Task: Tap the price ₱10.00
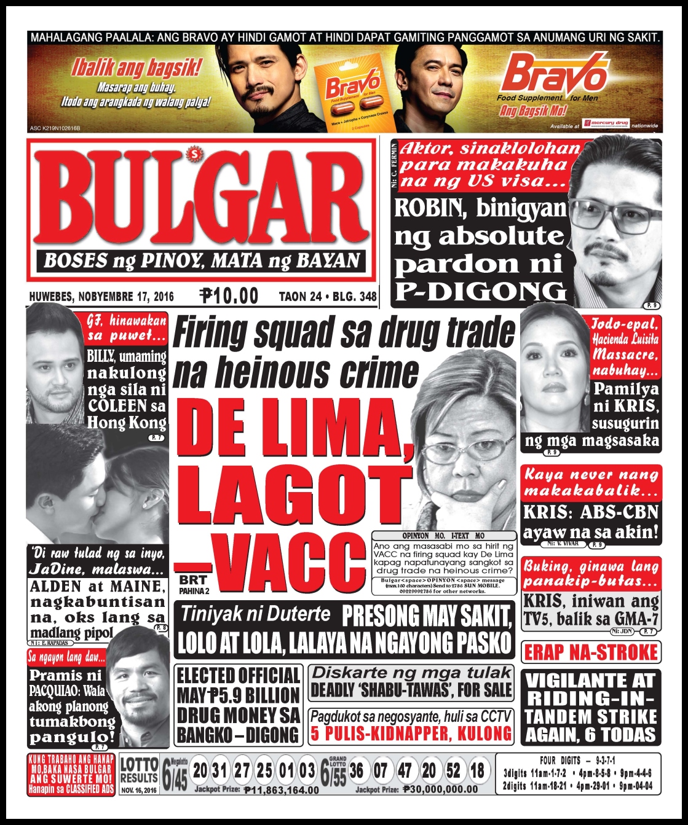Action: (229, 296)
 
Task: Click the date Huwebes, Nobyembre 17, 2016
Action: (101, 297)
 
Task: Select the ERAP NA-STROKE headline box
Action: (591, 652)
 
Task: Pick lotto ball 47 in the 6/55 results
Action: (405, 770)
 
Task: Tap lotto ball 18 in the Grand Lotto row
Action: (477, 770)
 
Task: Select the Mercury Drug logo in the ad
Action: (607, 123)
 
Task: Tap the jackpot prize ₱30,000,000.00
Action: (440, 789)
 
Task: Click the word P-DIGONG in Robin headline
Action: (480, 291)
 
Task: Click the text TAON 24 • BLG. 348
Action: (328, 297)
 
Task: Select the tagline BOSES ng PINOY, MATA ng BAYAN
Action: (202, 260)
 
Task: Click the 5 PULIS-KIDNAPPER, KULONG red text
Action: (411, 733)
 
